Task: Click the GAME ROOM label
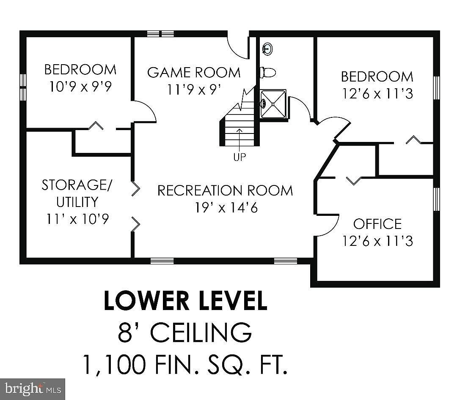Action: [x=194, y=72]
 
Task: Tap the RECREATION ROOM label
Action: [x=225, y=190]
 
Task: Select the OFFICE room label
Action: [x=377, y=224]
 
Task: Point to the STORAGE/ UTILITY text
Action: [x=77, y=193]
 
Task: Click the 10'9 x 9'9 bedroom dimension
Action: [x=80, y=87]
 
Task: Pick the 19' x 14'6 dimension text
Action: [x=226, y=208]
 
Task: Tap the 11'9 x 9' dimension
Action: [x=194, y=90]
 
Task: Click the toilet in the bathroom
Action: [x=268, y=72]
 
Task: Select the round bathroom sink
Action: [x=267, y=49]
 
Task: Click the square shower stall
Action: [x=273, y=104]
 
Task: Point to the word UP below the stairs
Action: [x=240, y=157]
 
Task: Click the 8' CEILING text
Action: [x=185, y=332]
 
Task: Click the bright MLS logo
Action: [x=33, y=389]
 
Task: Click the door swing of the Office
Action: [x=328, y=226]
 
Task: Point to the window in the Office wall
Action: [x=436, y=199]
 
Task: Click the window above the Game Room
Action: [x=160, y=34]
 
